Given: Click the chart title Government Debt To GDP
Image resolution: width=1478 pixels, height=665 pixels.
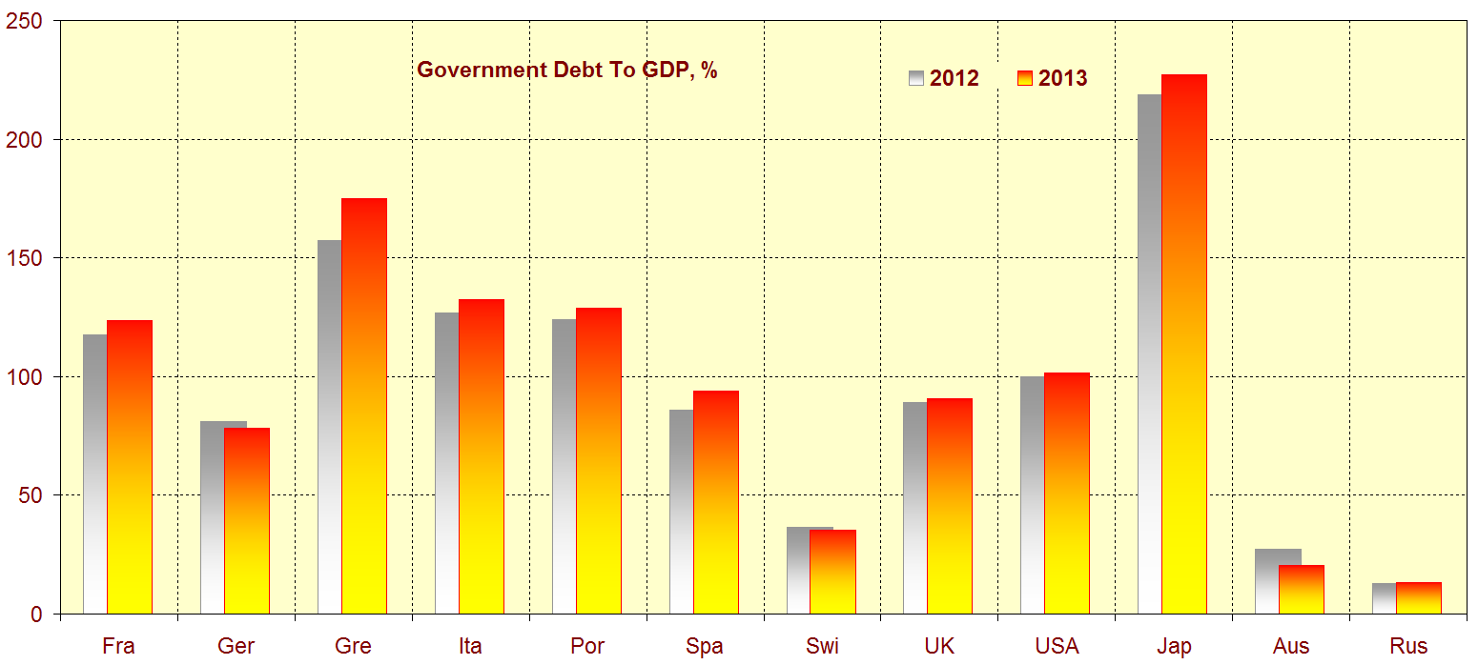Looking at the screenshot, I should [566, 70].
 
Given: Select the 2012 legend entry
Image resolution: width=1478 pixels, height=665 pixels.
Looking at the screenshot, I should [944, 78].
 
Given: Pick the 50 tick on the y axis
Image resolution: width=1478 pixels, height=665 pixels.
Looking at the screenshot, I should [31, 495].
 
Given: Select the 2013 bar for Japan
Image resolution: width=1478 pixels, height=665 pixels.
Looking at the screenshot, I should [1184, 343].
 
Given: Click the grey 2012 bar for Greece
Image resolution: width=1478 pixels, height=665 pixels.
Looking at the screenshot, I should [329, 429].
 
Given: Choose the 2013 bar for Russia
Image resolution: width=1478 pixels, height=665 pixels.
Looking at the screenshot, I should [1419, 598].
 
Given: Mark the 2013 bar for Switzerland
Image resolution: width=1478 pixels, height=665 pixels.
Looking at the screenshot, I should [832, 572].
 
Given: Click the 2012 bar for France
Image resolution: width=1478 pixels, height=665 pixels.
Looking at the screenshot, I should [94, 476].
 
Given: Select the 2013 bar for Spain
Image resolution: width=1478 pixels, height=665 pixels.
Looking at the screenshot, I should [715, 502].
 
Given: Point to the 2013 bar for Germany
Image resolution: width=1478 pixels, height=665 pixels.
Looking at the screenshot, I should [247, 520].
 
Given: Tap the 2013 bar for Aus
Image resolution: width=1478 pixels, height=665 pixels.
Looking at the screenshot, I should [1302, 590].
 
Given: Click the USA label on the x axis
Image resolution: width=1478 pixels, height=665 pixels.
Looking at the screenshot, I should [1057, 646].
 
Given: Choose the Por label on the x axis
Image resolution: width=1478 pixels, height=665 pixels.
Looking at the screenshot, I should [587, 646].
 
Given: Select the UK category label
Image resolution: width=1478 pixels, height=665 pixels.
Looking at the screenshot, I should [939, 646].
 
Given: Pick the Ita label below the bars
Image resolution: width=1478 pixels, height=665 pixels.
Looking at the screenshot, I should [470, 646].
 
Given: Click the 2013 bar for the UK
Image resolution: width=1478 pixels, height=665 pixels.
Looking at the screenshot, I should [950, 506].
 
